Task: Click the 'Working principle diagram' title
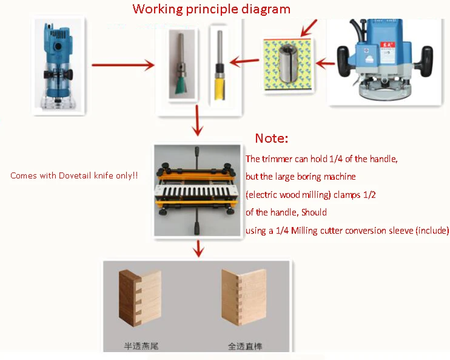211,9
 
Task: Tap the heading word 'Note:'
271,138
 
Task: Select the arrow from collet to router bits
244,60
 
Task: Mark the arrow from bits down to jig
196,121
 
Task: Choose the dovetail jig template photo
196,190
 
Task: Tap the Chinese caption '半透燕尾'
140,346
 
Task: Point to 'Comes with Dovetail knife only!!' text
74,175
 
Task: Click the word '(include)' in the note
432,231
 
